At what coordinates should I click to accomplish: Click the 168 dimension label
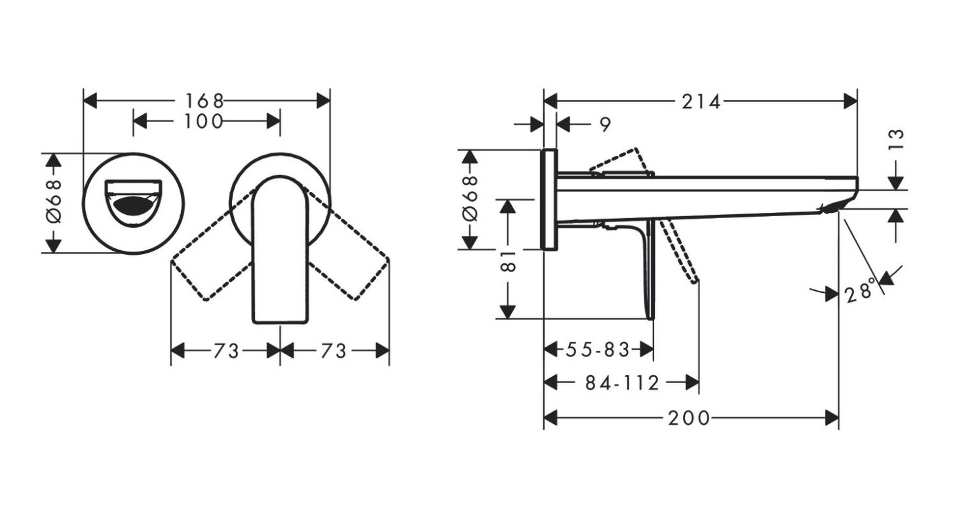205,102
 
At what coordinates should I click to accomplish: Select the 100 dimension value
203,122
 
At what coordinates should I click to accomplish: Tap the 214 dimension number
701,102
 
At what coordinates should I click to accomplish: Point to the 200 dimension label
689,418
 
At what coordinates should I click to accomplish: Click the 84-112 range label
622,383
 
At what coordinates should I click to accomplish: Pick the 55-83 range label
598,350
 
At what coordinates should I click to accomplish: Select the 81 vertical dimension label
508,261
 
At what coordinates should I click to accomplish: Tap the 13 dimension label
897,140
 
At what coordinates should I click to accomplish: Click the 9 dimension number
606,124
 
